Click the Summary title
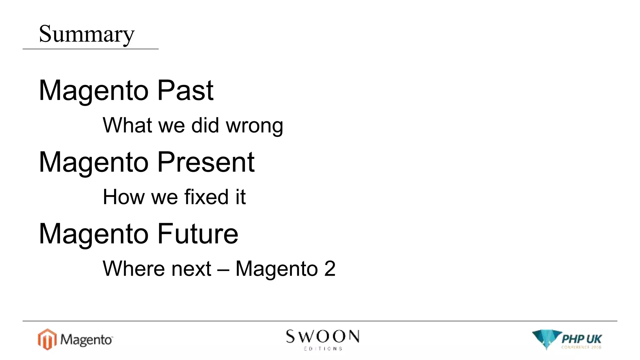click(87, 34)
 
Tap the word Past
click(185, 91)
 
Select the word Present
click(206, 162)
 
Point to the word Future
click(198, 234)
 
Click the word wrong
click(254, 126)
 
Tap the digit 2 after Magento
click(330, 269)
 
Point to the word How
click(123, 197)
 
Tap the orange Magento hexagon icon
click(47, 339)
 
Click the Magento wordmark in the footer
click(86, 340)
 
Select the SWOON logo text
click(322, 337)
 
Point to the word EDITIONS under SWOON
click(323, 348)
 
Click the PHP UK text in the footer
click(582, 339)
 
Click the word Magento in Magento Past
click(93, 91)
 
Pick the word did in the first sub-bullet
click(205, 126)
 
